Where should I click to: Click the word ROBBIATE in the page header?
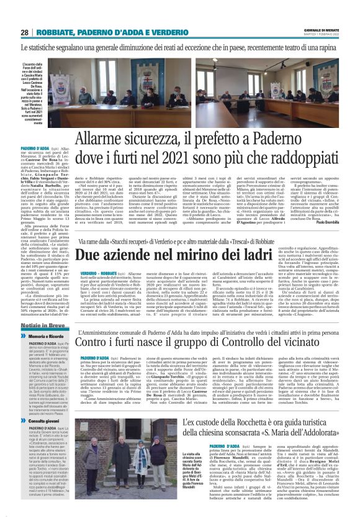tap(61, 32)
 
